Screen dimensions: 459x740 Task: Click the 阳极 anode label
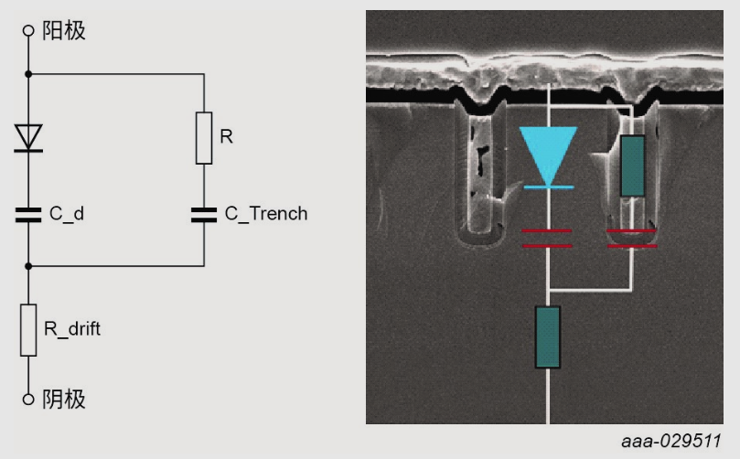click(x=64, y=30)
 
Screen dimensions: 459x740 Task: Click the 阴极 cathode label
click(x=64, y=400)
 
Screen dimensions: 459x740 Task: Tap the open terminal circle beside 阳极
click(x=28, y=30)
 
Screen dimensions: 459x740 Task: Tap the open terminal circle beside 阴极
click(x=28, y=400)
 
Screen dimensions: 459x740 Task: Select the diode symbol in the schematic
click(x=28, y=138)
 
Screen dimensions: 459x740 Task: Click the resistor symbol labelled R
click(x=204, y=138)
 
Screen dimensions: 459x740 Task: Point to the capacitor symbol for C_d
click(x=28, y=215)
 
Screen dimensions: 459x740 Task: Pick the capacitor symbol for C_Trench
click(x=204, y=215)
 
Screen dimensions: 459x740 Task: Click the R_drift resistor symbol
click(x=28, y=330)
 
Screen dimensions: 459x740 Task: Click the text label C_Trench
click(x=266, y=215)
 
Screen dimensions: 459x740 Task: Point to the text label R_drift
click(x=72, y=330)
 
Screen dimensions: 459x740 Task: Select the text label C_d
click(x=68, y=215)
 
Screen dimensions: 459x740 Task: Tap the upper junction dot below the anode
click(x=28, y=73)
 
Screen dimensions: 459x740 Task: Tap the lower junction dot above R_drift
click(x=28, y=266)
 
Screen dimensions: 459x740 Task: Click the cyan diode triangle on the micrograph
click(x=548, y=152)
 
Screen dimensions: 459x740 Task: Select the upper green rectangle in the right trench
click(x=632, y=165)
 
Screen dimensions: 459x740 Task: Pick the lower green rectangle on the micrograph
click(x=547, y=337)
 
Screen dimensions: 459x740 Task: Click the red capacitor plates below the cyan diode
click(x=547, y=239)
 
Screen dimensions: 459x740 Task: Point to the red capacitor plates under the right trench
click(x=632, y=239)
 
